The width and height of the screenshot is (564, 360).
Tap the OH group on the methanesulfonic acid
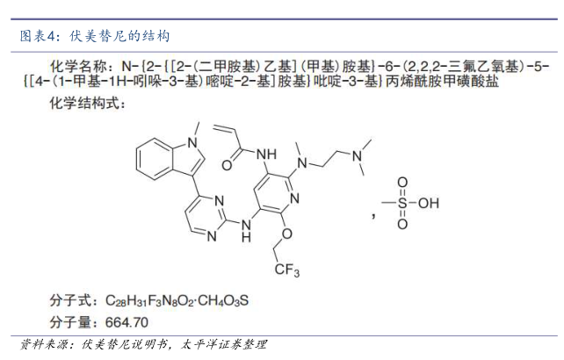coord(428,204)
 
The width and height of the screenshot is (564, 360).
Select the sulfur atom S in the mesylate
coord(402,204)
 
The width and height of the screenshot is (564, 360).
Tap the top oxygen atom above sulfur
coord(402,183)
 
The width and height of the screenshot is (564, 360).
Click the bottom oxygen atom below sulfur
coord(402,225)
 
